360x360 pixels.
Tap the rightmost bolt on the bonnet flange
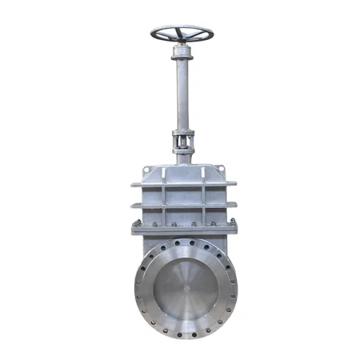[230, 225]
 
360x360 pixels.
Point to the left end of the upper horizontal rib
[134, 185]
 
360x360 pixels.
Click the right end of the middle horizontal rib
[233, 205]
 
